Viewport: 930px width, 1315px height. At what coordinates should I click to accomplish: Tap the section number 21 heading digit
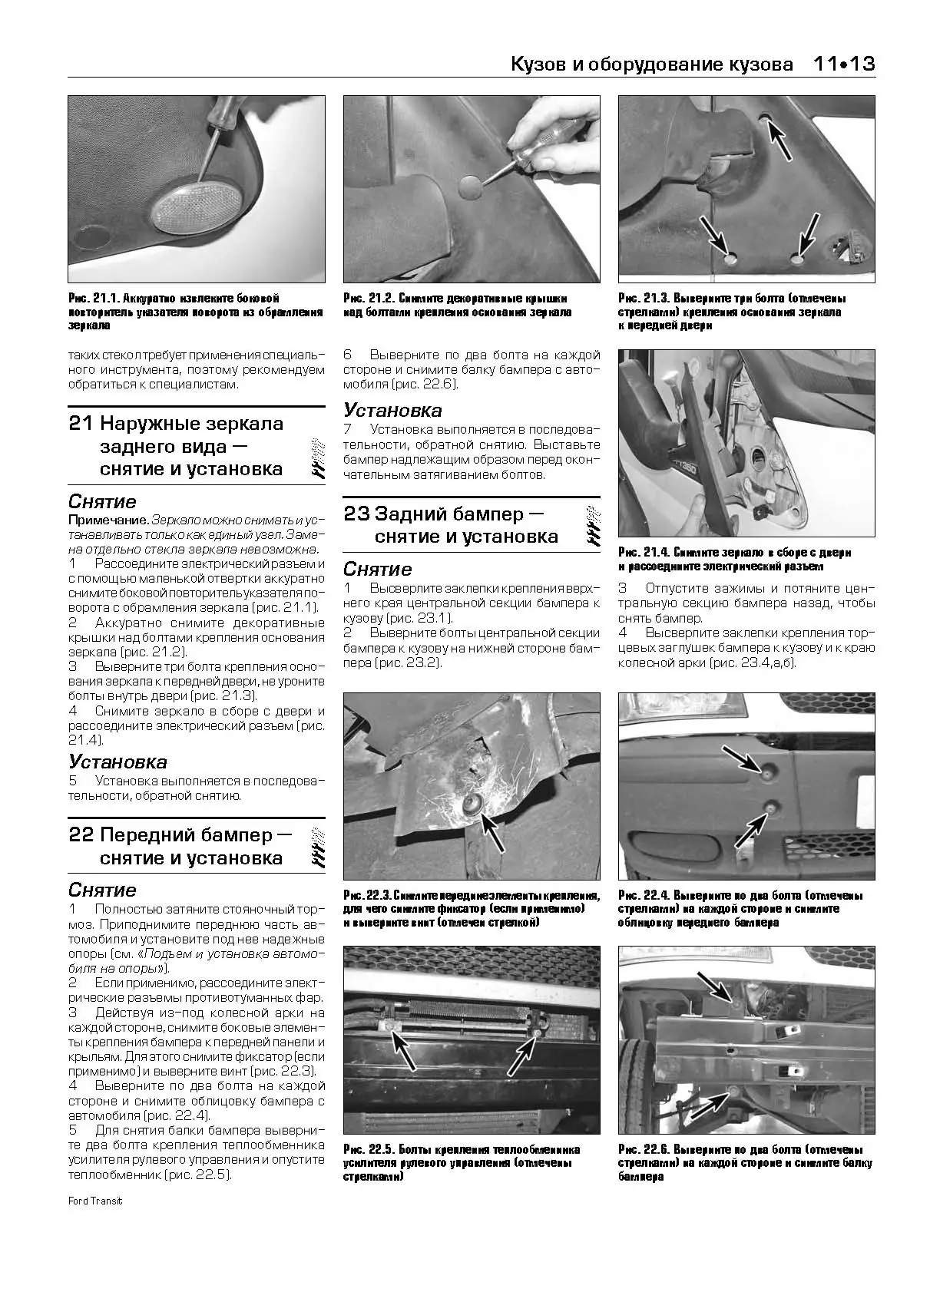click(81, 424)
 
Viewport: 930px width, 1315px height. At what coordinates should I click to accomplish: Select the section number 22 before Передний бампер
click(81, 835)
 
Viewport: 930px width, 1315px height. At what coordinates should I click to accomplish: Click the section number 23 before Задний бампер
click(356, 514)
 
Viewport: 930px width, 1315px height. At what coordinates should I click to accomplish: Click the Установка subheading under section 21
click(117, 762)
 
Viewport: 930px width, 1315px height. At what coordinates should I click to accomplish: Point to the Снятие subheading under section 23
click(377, 570)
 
